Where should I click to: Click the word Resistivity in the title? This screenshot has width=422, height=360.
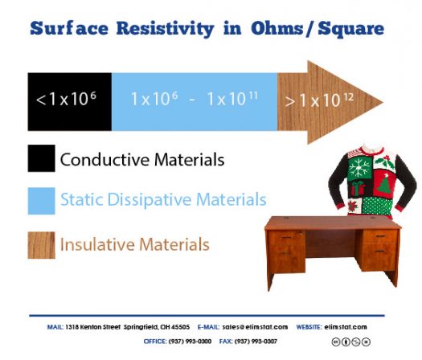point(164,29)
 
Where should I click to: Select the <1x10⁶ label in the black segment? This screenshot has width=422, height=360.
point(68,100)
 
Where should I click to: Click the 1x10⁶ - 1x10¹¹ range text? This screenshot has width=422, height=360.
point(194,100)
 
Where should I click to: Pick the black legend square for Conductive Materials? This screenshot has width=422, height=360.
point(41,159)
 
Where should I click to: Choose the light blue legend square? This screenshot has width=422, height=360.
point(41,200)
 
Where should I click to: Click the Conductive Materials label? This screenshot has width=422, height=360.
point(142,160)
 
